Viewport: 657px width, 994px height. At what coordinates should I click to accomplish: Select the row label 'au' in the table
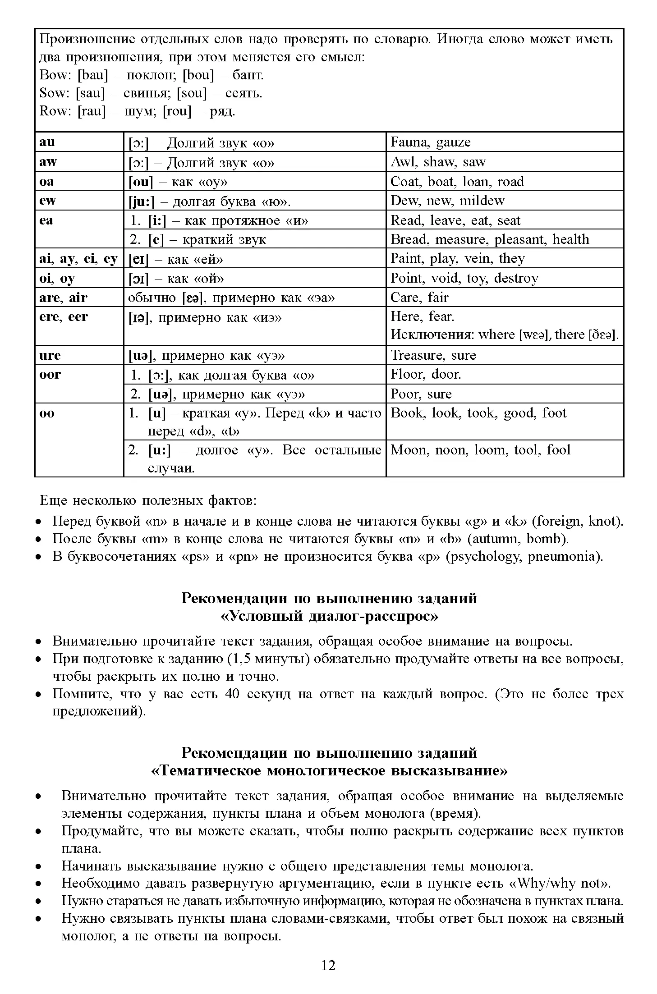click(x=47, y=142)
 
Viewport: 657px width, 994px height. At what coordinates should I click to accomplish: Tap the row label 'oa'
click(x=47, y=181)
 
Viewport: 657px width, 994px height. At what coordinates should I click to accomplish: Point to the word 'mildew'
click(x=482, y=201)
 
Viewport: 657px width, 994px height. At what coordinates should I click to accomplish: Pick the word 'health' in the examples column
click(x=570, y=239)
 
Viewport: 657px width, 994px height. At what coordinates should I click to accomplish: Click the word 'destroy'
click(x=516, y=278)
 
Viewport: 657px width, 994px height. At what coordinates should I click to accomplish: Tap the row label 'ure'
click(x=50, y=355)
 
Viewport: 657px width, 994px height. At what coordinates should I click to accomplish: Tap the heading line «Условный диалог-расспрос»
click(x=329, y=616)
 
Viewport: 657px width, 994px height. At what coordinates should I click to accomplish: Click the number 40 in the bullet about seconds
click(x=232, y=694)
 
